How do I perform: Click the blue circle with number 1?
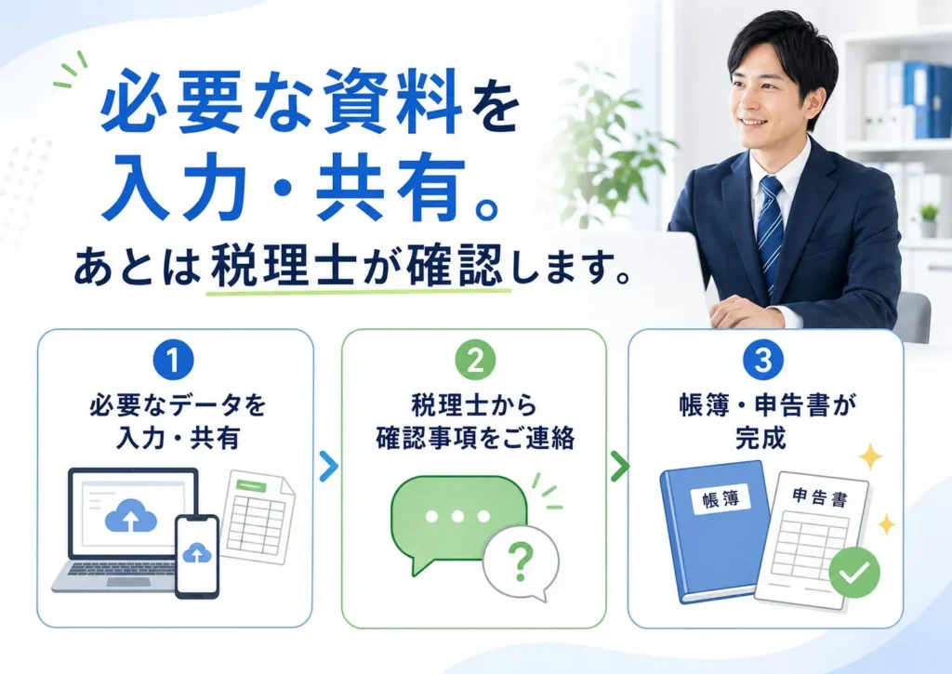[173, 360]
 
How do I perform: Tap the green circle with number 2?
[475, 360]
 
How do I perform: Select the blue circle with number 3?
[763, 360]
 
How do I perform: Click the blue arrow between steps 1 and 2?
[328, 467]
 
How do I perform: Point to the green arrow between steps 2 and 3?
[620, 467]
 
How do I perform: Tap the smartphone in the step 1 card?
[197, 557]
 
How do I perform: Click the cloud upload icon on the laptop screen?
[130, 516]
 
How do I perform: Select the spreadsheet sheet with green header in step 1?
[258, 517]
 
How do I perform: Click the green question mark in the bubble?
[521, 562]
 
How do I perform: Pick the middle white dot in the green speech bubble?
[457, 517]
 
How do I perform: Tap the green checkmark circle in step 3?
[854, 572]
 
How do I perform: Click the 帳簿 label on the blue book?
[721, 499]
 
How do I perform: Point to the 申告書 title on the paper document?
[820, 498]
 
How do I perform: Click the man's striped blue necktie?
[770, 233]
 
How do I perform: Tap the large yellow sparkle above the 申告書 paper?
[869, 456]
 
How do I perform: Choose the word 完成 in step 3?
[760, 437]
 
